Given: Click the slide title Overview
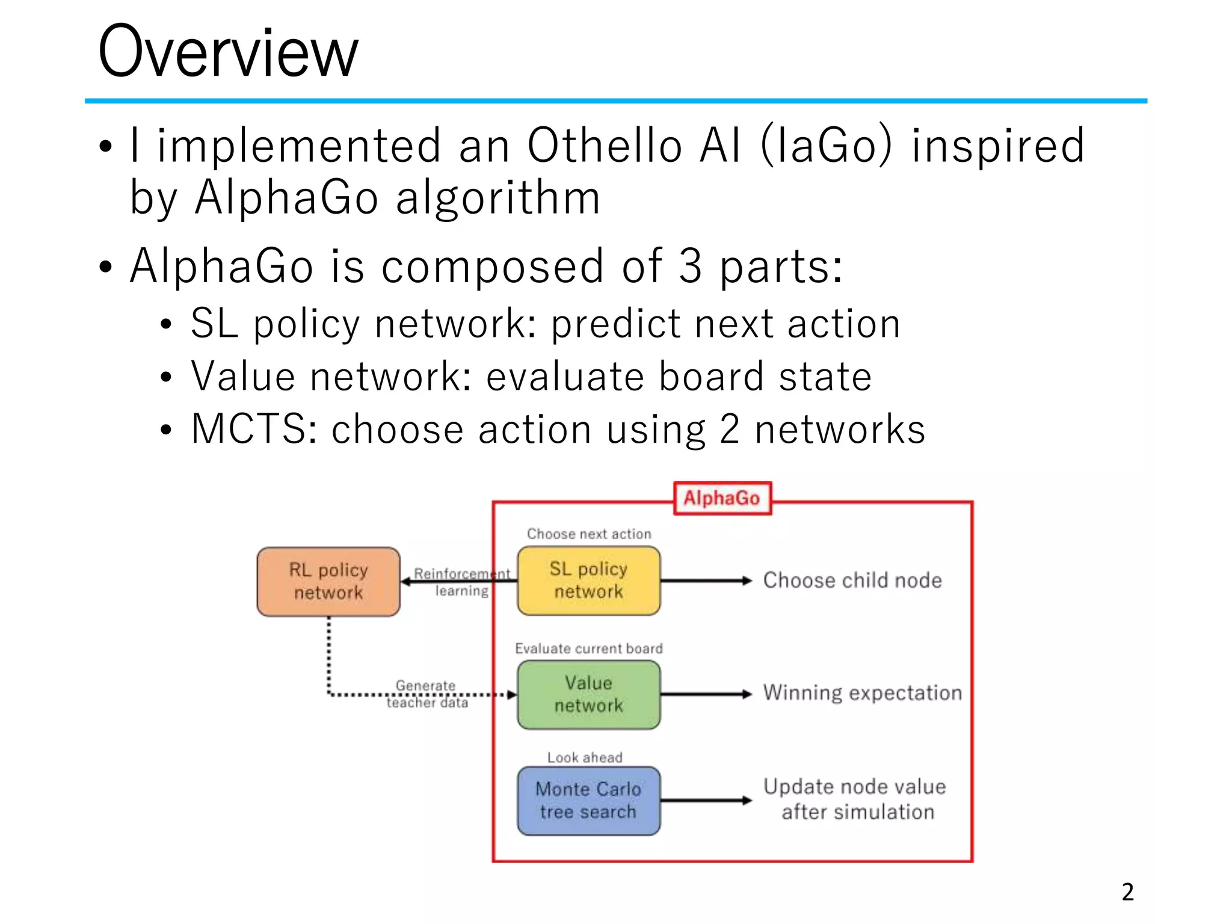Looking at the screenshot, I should pos(228,53).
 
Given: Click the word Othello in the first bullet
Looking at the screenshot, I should pos(605,146).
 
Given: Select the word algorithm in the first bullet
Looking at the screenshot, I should pos(498,198).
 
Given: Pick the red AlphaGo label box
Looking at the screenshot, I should pos(722,498).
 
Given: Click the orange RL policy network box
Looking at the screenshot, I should pos(328,582).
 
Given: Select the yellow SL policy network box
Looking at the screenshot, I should pos(588,581).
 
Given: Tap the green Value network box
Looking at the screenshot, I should pos(588,695).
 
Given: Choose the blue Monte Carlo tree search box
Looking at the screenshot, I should pos(588,801).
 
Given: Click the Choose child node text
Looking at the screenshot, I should pos(852,581).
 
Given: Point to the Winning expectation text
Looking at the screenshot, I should pos(862,693).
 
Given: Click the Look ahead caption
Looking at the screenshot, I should pos(584,757).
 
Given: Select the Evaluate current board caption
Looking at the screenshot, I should pos(588,648).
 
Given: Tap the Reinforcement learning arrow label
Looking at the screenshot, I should pos(461,582).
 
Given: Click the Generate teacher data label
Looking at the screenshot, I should pos(427,694).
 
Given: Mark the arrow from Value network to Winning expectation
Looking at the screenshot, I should pos(706,694).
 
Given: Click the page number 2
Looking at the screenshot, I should pos(1127,892).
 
